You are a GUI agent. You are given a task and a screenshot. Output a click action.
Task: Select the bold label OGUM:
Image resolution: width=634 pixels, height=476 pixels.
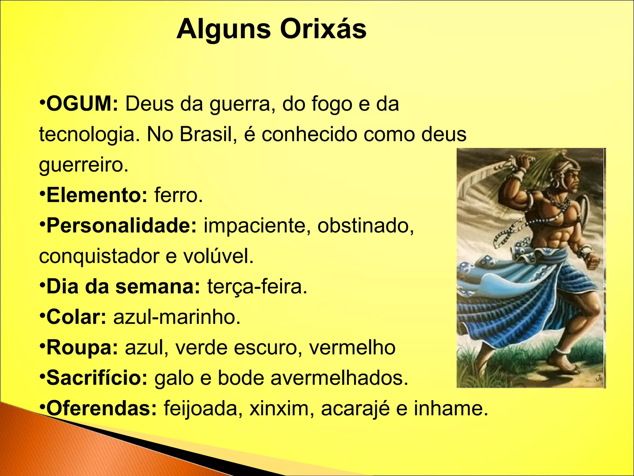(82, 104)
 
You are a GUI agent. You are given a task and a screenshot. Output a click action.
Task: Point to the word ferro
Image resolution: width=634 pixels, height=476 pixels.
(178, 195)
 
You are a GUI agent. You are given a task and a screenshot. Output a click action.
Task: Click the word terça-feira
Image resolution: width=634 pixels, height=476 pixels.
(257, 287)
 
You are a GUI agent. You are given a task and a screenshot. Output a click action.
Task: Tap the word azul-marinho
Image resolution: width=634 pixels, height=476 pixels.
(177, 317)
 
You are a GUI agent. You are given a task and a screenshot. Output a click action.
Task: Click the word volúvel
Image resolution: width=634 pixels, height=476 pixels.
(218, 256)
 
